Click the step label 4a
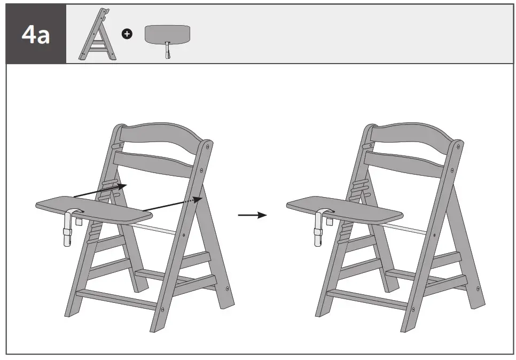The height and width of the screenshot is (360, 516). pyautogui.click(x=35, y=34)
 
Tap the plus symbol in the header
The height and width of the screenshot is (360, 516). pyautogui.click(x=127, y=34)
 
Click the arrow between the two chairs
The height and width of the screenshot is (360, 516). pyautogui.click(x=252, y=215)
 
